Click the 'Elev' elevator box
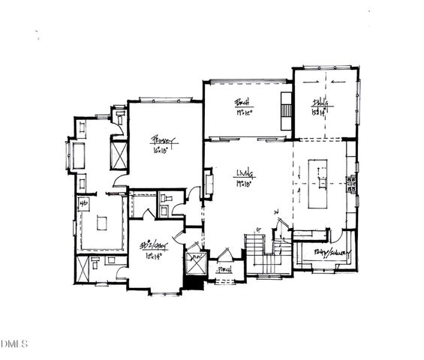click(197, 263)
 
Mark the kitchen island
click(320, 183)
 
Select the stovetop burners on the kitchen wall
click(350, 184)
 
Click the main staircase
click(257, 253)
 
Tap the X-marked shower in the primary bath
click(119, 155)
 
